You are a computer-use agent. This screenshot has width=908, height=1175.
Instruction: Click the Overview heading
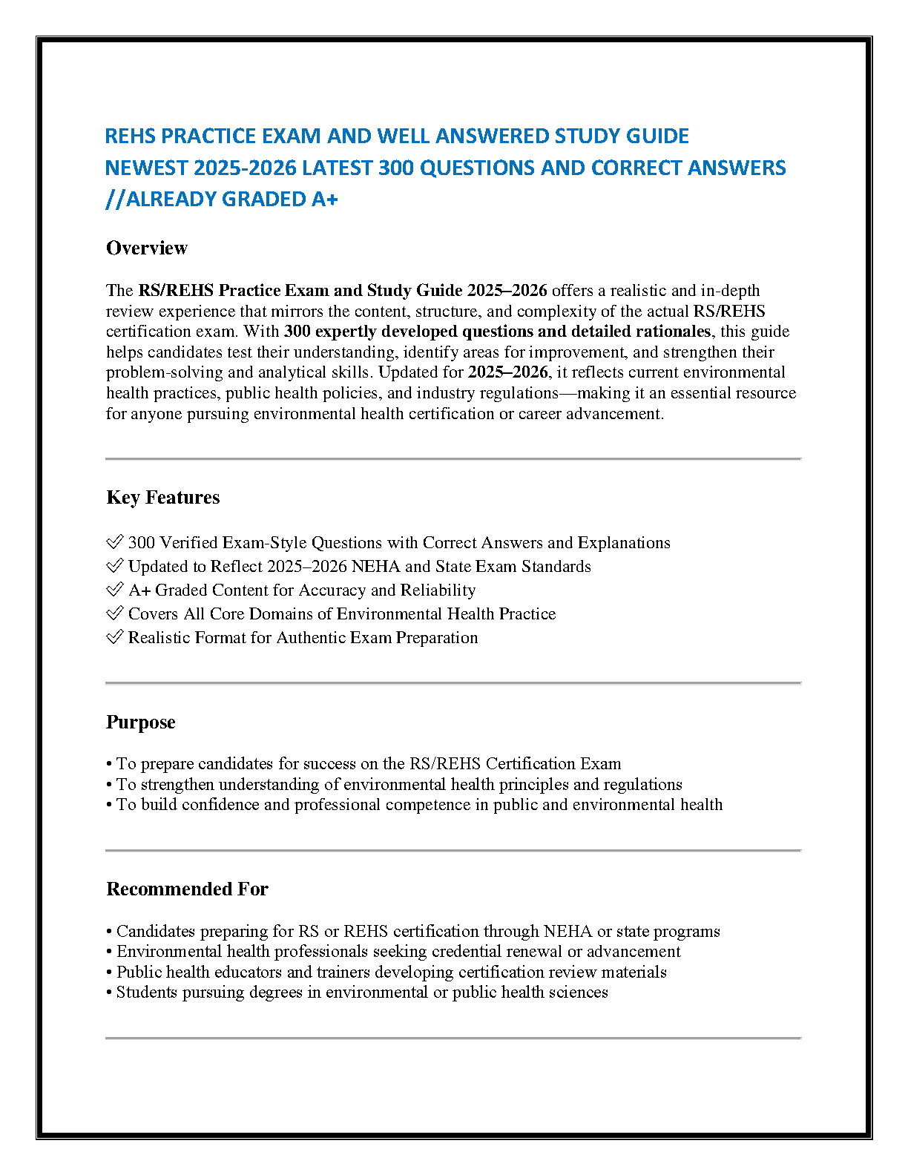click(147, 248)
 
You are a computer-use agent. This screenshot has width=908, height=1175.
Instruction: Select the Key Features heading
click(162, 497)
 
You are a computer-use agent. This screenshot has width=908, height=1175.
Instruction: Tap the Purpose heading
click(141, 722)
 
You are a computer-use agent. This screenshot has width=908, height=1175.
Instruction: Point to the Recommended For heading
click(187, 889)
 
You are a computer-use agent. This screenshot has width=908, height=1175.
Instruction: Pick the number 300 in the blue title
click(396, 168)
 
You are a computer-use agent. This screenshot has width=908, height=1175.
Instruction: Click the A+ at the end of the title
click(325, 200)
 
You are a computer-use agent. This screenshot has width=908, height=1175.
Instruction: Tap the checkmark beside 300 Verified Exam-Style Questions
click(115, 542)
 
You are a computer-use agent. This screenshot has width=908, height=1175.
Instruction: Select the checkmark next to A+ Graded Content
click(115, 590)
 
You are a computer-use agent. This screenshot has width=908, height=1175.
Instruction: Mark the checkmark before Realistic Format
click(115, 637)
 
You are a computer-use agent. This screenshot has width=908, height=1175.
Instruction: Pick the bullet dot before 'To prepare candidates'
click(109, 765)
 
